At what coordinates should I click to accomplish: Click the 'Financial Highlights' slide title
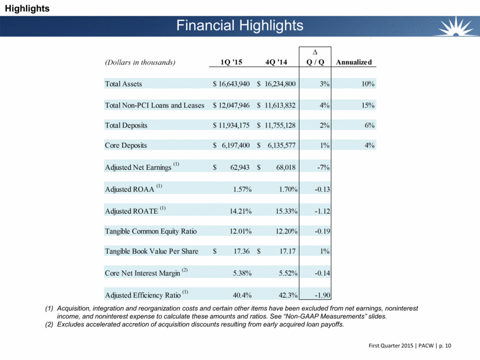[239, 25]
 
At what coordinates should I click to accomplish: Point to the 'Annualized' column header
[354, 62]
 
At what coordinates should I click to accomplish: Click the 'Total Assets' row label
[123, 84]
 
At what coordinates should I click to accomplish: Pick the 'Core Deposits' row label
[125, 146]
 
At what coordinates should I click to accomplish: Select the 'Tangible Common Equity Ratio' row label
[150, 231]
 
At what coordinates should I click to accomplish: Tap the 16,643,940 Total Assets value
[231, 84]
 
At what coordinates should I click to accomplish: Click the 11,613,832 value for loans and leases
[277, 106]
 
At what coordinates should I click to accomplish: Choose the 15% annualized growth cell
[368, 106]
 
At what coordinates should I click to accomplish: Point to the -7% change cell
[323, 168]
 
